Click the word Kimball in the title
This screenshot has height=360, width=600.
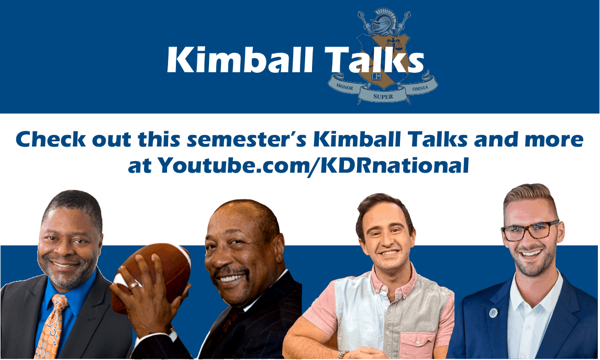(240, 60)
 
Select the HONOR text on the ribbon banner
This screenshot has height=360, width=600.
(345, 87)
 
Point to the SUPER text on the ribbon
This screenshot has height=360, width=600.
(383, 96)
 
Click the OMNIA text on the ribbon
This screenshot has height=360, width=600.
(420, 88)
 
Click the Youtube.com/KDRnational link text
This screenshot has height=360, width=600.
(314, 165)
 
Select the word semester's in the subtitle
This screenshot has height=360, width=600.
(247, 139)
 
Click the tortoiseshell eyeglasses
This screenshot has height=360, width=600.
(530, 231)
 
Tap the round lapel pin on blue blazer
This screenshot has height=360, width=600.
(494, 312)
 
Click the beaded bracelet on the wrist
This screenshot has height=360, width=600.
(342, 354)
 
